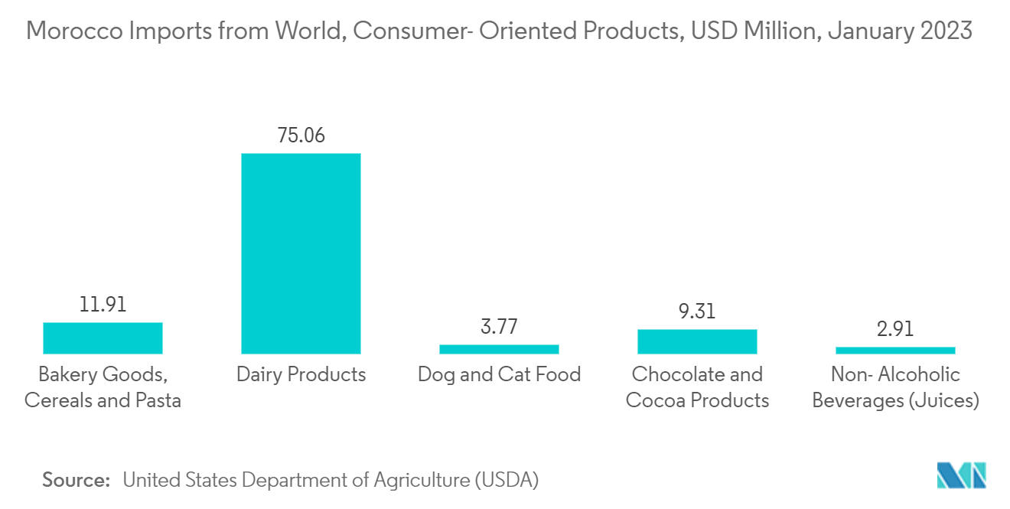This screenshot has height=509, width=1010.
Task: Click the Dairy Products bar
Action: [x=301, y=253]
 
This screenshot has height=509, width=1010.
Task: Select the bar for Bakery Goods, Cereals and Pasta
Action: [x=103, y=338]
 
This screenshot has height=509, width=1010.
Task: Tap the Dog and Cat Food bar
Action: [x=499, y=349]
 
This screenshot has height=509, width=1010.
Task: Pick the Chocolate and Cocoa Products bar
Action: [x=697, y=341]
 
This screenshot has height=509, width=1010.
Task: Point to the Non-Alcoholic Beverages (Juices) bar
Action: [x=895, y=350]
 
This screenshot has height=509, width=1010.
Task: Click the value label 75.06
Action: [x=301, y=135]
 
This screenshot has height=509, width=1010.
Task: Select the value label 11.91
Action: [x=103, y=305]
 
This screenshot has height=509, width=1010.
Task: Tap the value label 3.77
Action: [x=499, y=327]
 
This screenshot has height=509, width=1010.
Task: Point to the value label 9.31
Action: [x=697, y=312]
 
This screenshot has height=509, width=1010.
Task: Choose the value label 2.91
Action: [x=895, y=329]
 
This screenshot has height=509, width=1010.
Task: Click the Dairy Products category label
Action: [x=301, y=374]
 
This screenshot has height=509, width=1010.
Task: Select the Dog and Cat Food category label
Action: [x=499, y=374]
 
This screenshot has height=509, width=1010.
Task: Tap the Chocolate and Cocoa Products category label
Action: [x=697, y=387]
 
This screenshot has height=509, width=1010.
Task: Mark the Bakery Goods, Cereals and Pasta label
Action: [x=103, y=387]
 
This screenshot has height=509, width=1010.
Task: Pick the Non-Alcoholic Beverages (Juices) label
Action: [x=895, y=387]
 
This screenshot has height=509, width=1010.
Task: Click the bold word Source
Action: [x=77, y=480]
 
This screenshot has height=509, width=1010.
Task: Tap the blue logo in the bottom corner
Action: [x=961, y=475]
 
